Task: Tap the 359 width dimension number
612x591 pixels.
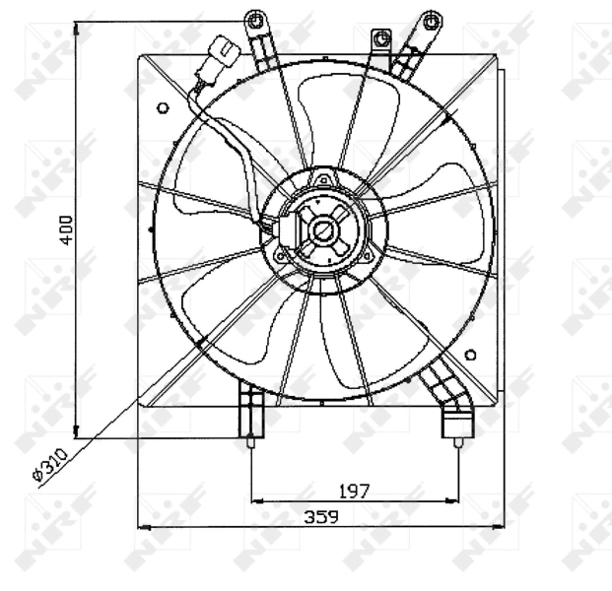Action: coord(317,517)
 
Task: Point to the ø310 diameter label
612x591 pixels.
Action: coord(49,463)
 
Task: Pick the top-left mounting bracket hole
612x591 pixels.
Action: coord(255,20)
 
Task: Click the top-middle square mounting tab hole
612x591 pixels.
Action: coord(377,36)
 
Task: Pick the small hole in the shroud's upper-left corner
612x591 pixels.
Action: coord(162,108)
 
